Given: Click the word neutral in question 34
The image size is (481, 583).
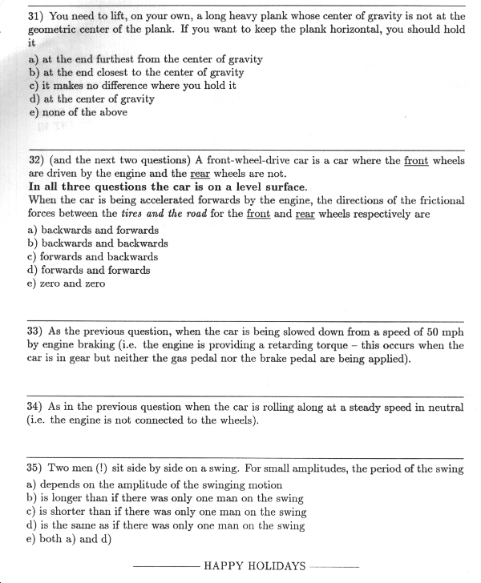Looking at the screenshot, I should pos(445,407).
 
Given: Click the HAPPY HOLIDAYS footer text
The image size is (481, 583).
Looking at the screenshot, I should pos(254,566).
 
